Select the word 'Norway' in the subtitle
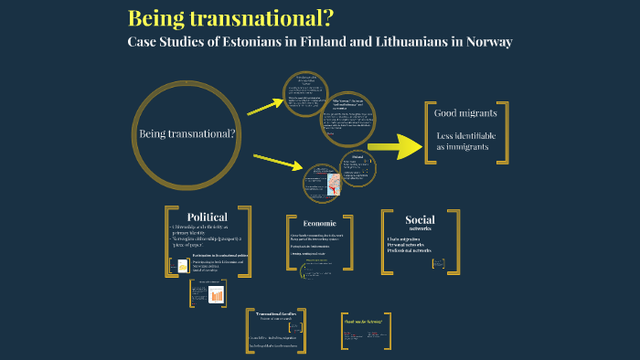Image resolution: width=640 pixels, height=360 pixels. click(483, 42)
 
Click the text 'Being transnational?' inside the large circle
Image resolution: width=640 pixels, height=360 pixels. click(187, 134)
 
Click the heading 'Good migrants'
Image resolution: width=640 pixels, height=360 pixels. click(466, 113)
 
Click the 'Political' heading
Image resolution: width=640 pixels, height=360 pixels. click(207, 217)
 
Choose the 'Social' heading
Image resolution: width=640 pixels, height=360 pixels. click(420, 219)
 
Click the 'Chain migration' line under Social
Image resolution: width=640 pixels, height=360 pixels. click(409, 239)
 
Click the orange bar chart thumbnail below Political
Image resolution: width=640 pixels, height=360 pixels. click(217, 295)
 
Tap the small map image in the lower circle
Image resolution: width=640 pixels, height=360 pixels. click(321, 180)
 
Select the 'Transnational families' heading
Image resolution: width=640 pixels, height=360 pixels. click(279, 313)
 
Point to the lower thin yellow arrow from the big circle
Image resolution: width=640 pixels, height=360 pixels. click(278, 162)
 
